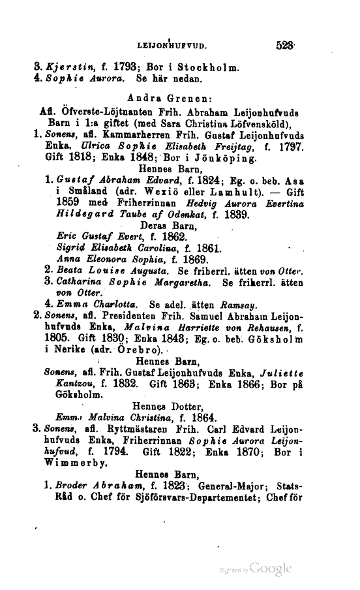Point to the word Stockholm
point(193,67)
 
